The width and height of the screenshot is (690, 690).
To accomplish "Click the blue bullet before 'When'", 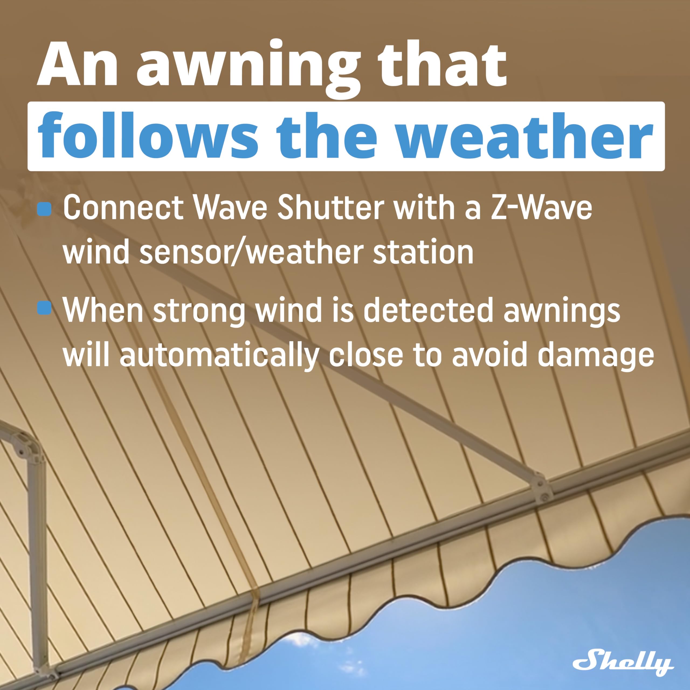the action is click(x=44, y=308).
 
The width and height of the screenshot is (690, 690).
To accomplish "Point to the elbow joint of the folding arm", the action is click(x=29, y=448).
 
